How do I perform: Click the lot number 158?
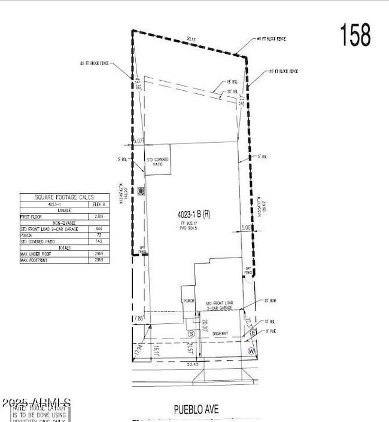click(355, 35)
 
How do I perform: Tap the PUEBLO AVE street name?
click(196, 409)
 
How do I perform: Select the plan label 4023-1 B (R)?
click(193, 214)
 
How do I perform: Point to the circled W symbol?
click(251, 350)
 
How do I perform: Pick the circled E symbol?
click(253, 332)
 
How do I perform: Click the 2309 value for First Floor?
click(99, 216)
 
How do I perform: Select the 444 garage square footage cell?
click(99, 228)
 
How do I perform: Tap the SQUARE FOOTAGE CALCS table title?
click(65, 197)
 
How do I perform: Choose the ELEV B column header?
click(99, 204)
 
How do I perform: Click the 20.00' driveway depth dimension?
click(205, 326)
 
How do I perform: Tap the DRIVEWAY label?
click(219, 334)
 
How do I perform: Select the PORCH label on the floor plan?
click(189, 301)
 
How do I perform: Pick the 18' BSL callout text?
click(232, 82)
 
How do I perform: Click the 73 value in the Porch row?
click(99, 235)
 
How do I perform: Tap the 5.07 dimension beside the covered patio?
click(138, 141)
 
